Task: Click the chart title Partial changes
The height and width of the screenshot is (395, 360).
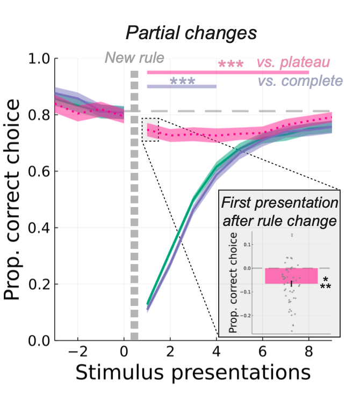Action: pos(191,33)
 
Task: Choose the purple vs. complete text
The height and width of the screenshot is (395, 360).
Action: pos(300,81)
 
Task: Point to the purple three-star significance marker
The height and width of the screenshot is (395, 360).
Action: pos(182,83)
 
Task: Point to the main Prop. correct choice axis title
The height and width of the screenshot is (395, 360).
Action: pos(15,199)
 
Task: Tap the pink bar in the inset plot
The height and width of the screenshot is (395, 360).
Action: pos(292,275)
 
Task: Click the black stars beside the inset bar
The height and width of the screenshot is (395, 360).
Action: pos(326,283)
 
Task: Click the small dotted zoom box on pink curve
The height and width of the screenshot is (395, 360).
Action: pos(150,130)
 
